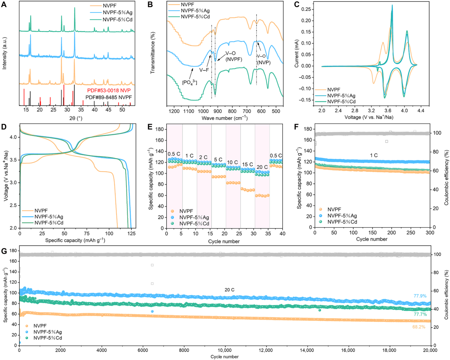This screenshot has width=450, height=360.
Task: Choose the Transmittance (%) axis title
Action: pyautogui.click(x=152, y=54)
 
